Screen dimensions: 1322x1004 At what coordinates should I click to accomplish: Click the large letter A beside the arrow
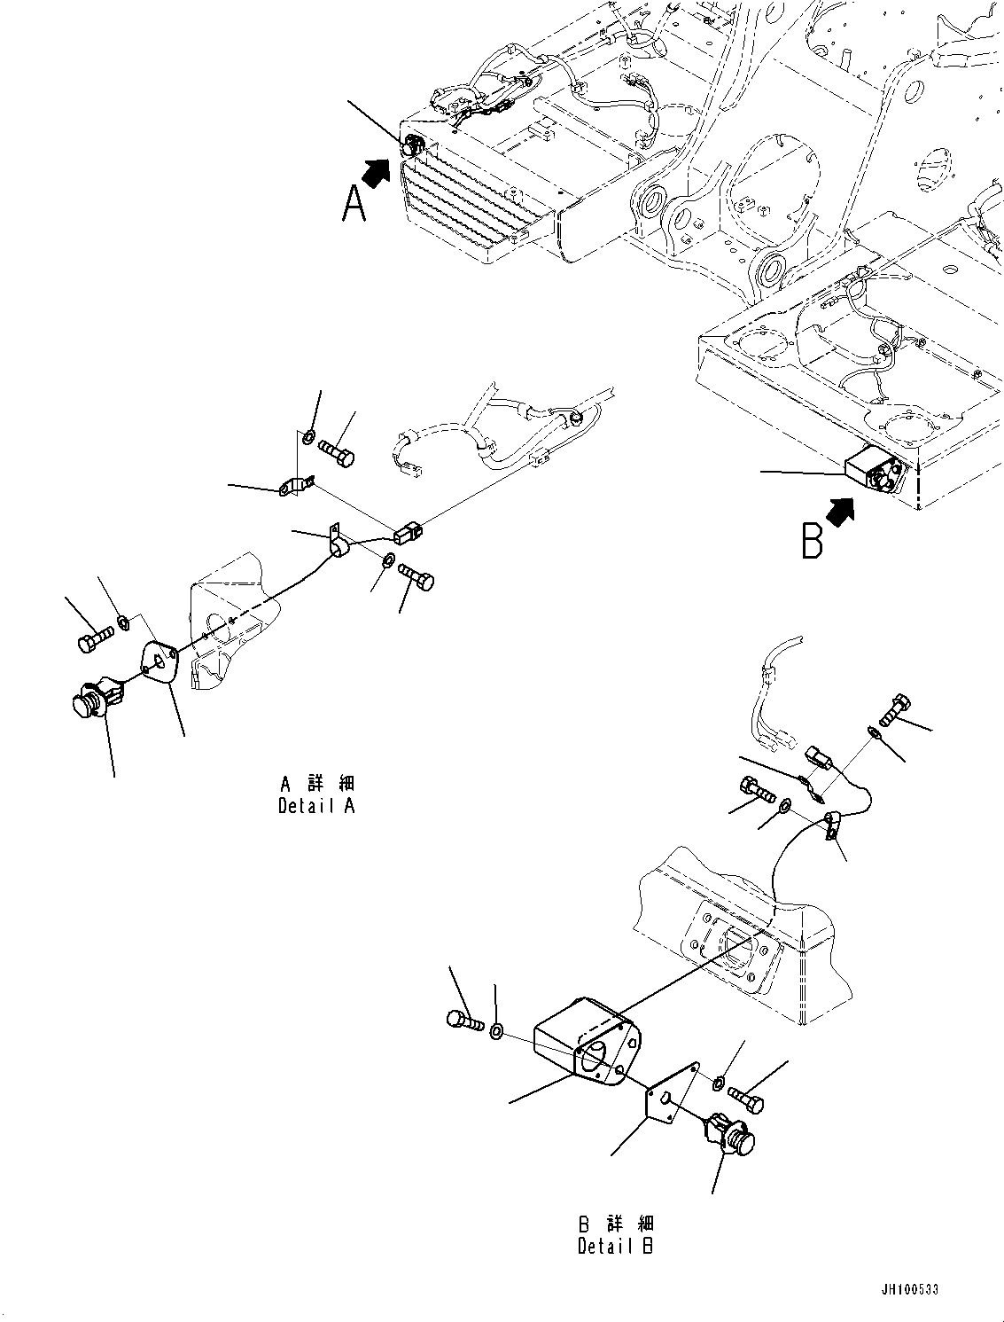tap(354, 205)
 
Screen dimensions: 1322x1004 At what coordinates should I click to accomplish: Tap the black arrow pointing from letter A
tap(377, 171)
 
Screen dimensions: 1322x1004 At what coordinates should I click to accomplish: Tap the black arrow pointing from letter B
tap(839, 511)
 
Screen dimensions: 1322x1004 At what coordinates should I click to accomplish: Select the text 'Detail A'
tap(316, 807)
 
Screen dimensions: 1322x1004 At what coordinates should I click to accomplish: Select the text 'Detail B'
tap(616, 1246)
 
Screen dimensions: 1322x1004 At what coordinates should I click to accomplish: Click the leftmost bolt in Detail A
tap(93, 641)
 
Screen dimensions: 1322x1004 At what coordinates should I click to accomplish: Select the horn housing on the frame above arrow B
tap(873, 469)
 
